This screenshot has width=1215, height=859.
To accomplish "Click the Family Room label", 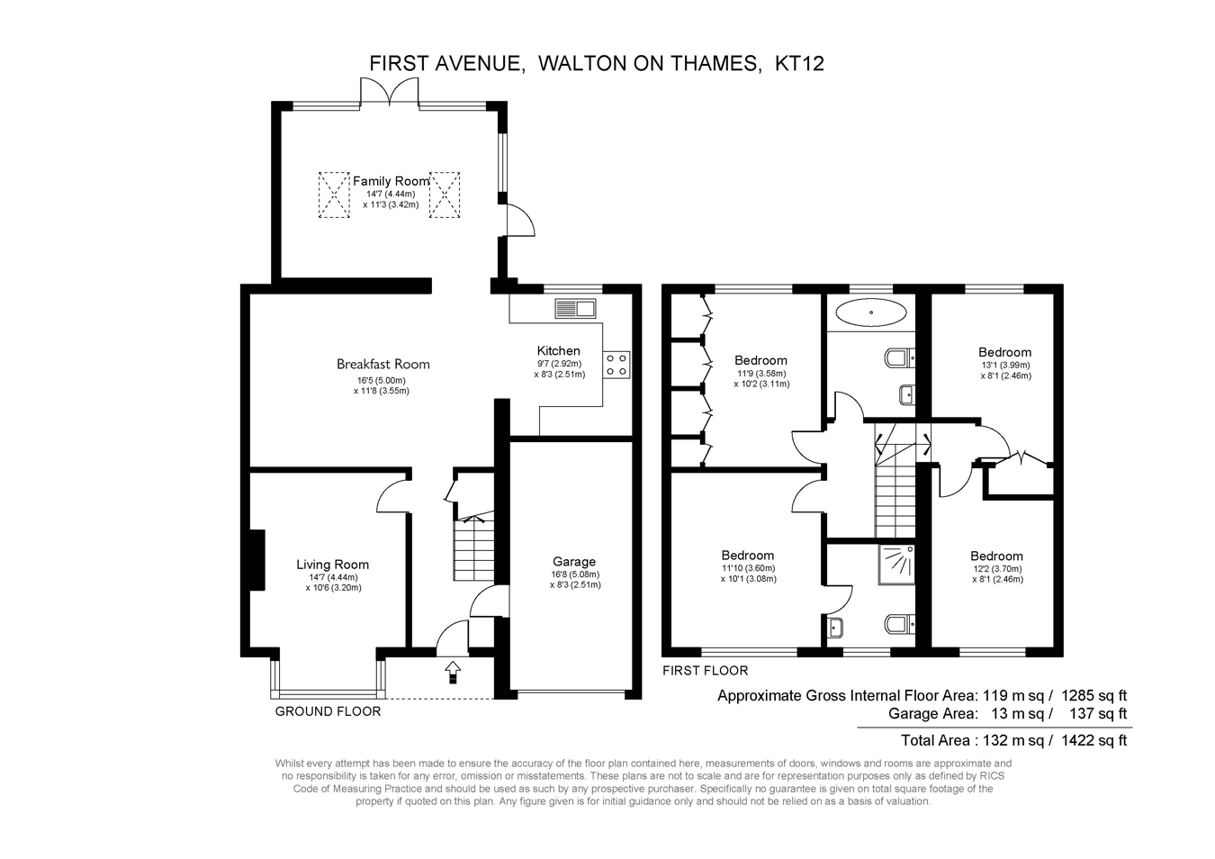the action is [x=391, y=181].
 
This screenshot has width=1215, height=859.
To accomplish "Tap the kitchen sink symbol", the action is [x=575, y=308].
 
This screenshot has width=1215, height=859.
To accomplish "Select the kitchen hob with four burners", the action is [x=616, y=365].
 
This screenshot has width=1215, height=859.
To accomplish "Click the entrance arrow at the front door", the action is [x=453, y=673].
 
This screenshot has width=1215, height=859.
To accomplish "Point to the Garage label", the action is [x=574, y=562].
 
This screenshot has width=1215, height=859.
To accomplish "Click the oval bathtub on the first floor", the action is [x=870, y=312].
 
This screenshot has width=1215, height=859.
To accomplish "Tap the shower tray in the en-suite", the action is [x=896, y=565].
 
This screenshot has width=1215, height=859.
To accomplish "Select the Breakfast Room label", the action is [x=382, y=364].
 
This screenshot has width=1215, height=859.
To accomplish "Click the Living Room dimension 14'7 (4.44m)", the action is [x=334, y=577].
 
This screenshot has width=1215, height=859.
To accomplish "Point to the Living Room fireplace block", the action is [x=256, y=560].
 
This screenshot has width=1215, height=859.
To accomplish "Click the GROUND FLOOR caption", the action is [x=328, y=711].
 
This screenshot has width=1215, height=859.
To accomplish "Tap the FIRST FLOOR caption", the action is [x=705, y=671].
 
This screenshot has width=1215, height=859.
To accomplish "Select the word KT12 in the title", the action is [x=799, y=64].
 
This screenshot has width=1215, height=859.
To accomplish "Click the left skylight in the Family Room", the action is [x=334, y=194].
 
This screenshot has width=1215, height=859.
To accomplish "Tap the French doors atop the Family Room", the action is [x=390, y=92].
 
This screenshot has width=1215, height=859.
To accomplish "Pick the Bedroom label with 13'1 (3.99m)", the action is [x=1004, y=352].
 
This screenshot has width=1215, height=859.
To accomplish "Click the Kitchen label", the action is [x=558, y=350].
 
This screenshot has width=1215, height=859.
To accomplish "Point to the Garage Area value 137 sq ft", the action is [x=1098, y=713].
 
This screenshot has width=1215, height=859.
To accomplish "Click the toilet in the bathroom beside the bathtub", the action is [x=900, y=358].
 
